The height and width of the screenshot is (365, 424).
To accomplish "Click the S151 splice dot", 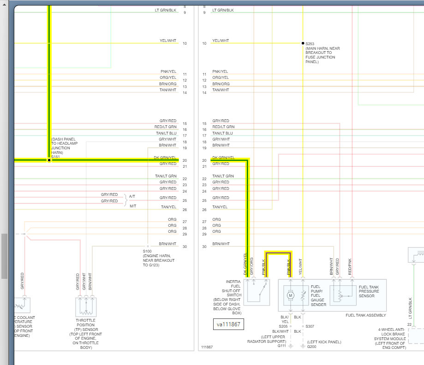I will (49, 160).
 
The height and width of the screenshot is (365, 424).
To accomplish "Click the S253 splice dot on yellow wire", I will (303, 43).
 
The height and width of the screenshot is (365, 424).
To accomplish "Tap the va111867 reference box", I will (228, 324).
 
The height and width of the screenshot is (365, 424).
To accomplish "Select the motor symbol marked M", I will (291, 294).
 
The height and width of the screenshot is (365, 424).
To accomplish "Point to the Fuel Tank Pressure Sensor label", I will (369, 291).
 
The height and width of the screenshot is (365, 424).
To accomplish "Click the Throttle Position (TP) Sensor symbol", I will (86, 306).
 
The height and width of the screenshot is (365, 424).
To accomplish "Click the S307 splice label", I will (310, 326).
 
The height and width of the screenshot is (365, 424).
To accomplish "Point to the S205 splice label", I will (283, 326).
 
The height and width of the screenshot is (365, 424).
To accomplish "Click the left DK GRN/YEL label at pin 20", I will (165, 158).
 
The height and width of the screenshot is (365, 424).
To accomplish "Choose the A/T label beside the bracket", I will (132, 196).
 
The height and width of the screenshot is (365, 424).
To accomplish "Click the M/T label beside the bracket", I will (132, 206).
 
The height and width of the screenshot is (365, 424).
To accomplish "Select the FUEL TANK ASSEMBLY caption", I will (366, 315).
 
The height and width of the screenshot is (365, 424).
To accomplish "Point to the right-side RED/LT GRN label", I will (223, 127).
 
